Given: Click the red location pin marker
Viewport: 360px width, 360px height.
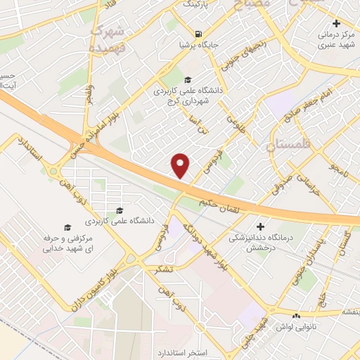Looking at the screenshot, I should (181, 165).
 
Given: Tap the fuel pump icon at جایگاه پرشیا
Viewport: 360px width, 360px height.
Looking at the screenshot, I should (200, 34).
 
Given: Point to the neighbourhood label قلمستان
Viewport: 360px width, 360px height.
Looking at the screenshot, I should (288, 146).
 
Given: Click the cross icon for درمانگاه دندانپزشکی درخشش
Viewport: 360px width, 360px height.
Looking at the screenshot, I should (261, 226).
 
